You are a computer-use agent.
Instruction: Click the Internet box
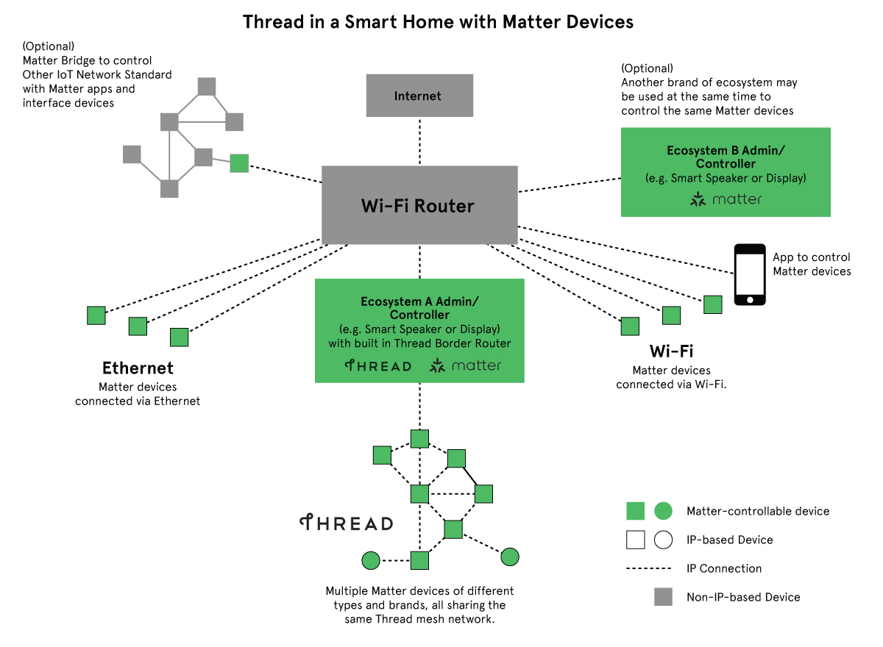[419, 96]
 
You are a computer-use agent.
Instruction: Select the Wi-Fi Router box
[419, 205]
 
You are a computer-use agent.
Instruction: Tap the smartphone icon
[750, 274]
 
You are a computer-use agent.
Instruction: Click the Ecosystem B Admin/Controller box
[726, 172]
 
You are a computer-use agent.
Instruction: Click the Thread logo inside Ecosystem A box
[378, 365]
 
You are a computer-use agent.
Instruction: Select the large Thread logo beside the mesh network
[346, 523]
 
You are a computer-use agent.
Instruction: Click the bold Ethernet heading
[138, 368]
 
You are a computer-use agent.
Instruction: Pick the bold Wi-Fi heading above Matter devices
[671, 351]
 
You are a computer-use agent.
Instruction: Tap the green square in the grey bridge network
[239, 163]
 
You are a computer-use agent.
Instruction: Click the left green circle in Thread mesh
[371, 561]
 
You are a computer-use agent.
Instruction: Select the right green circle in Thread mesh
[510, 557]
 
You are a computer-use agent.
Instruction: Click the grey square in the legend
[663, 597]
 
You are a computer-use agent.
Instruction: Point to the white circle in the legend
[663, 540]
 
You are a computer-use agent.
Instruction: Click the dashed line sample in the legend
[648, 568]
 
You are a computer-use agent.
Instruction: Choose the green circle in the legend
[663, 511]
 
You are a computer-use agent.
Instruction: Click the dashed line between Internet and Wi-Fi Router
[419, 141]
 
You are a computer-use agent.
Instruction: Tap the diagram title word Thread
[274, 22]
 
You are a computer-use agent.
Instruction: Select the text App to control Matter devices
[811, 265]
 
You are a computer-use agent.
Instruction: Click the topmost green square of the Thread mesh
[419, 439]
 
